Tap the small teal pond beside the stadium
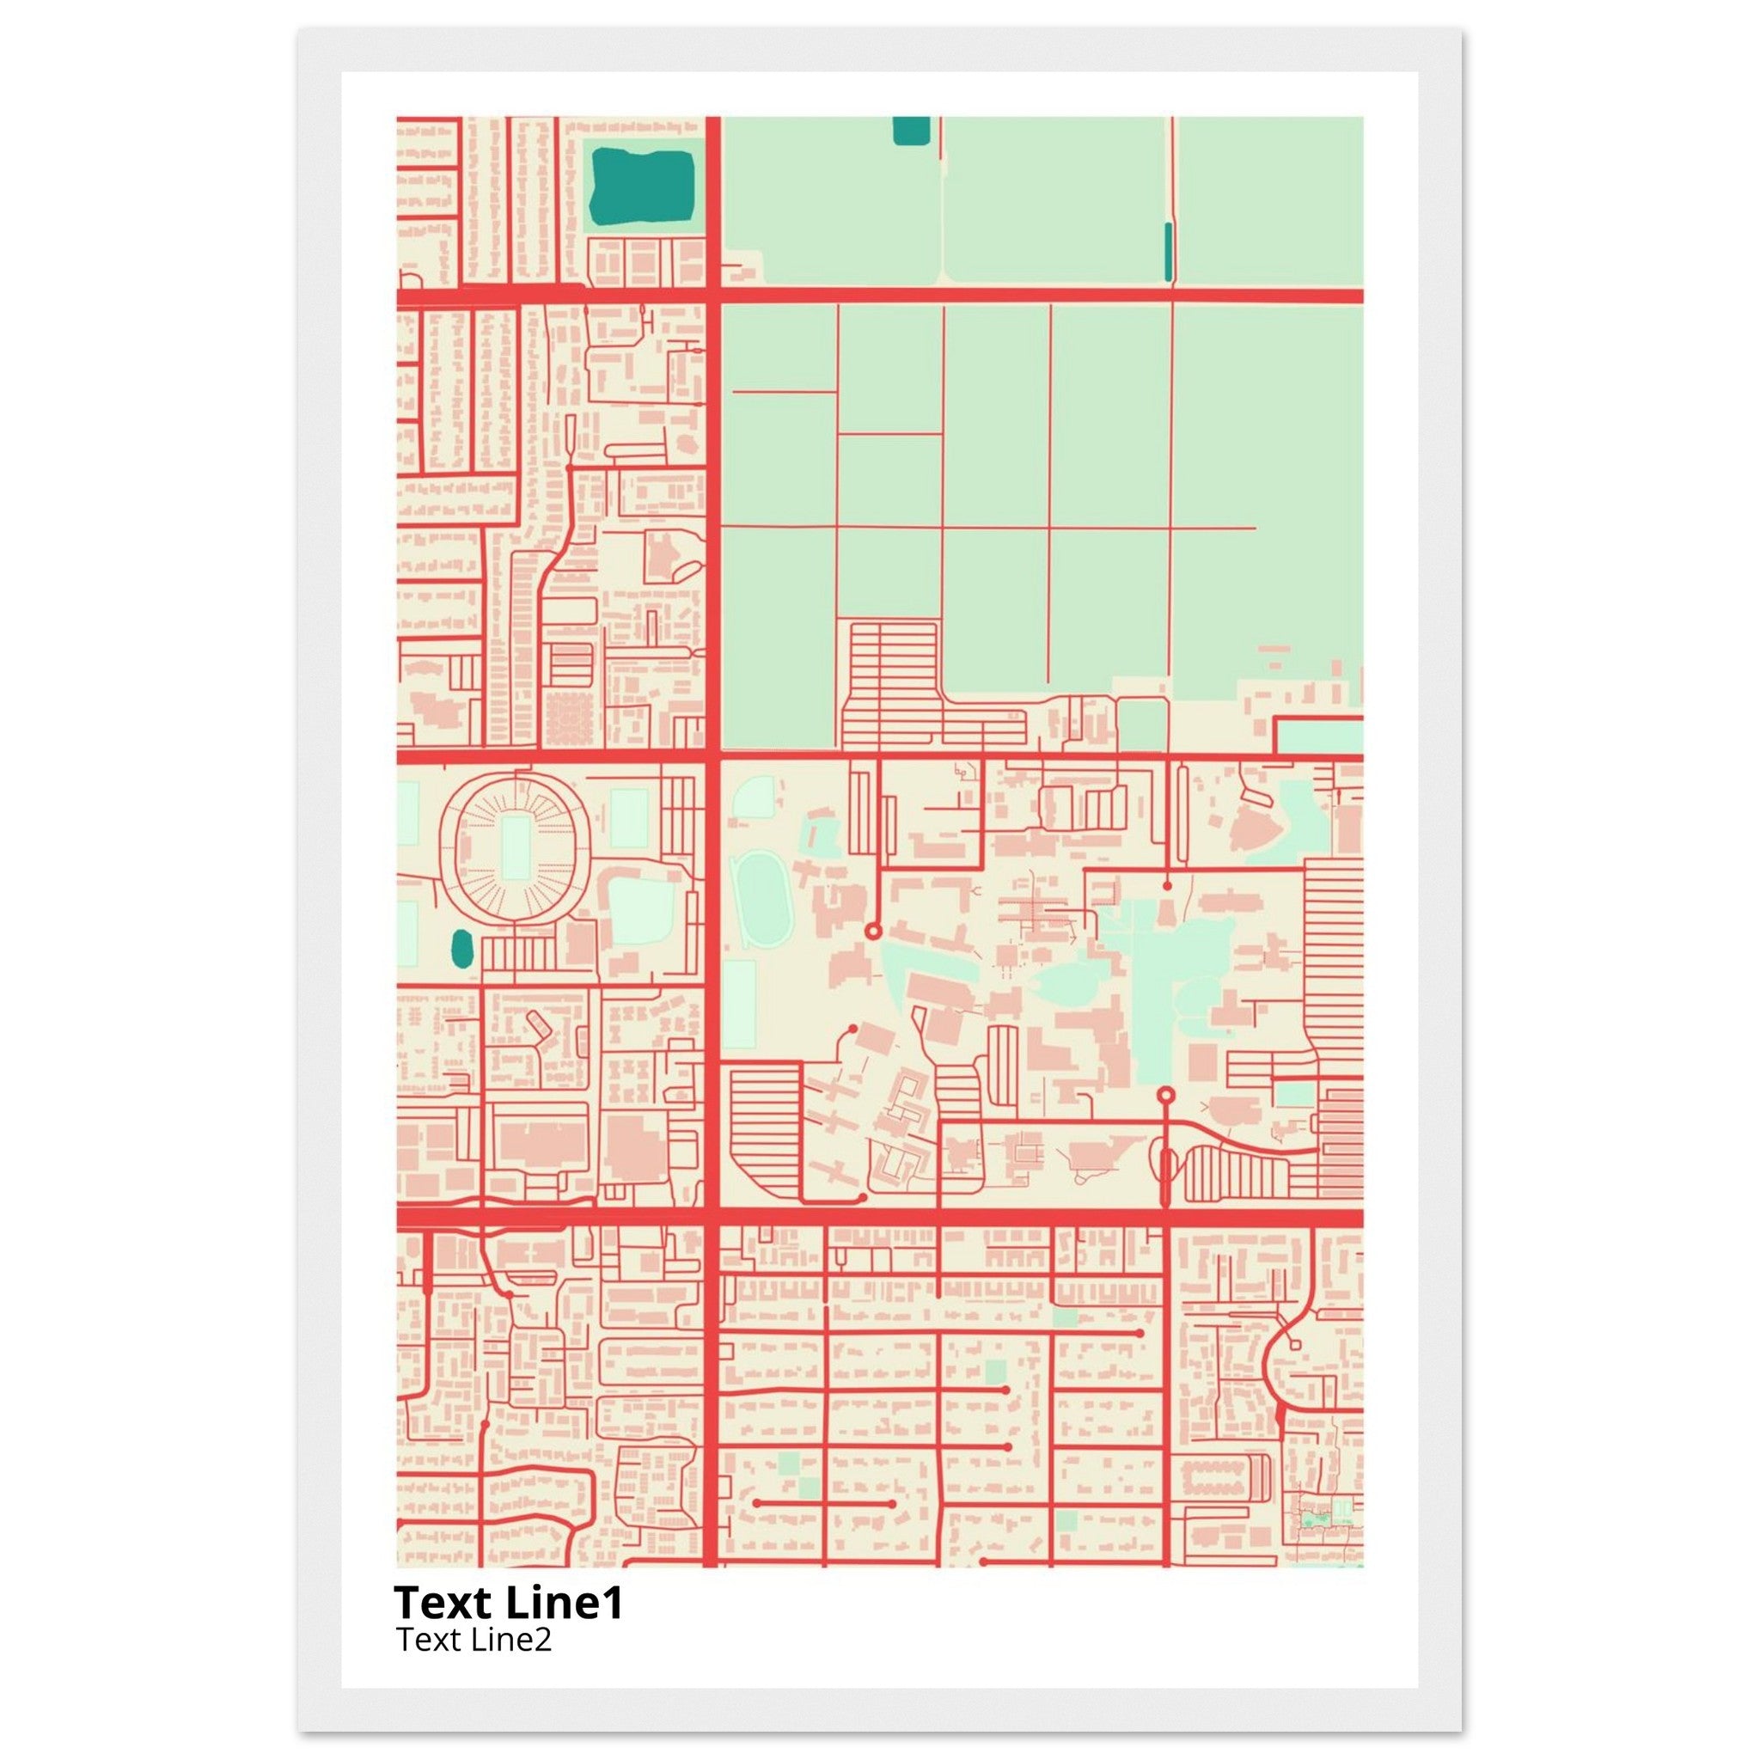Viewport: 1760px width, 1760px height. coord(461,950)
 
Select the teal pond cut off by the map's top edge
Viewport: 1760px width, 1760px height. coord(911,131)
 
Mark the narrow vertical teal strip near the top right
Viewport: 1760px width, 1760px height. coord(1169,251)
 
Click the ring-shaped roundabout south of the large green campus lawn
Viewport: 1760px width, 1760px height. coord(1166,1094)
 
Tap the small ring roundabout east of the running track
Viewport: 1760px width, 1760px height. coord(871,931)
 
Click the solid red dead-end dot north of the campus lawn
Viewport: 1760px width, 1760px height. coord(1167,884)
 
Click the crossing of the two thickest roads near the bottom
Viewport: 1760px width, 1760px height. coord(712,1218)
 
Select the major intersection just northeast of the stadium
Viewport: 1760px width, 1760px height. coord(712,755)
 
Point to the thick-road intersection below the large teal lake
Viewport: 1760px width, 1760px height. coord(712,295)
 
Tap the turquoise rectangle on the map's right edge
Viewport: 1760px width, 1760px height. coord(1318,736)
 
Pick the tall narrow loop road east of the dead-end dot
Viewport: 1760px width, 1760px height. coord(1182,814)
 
